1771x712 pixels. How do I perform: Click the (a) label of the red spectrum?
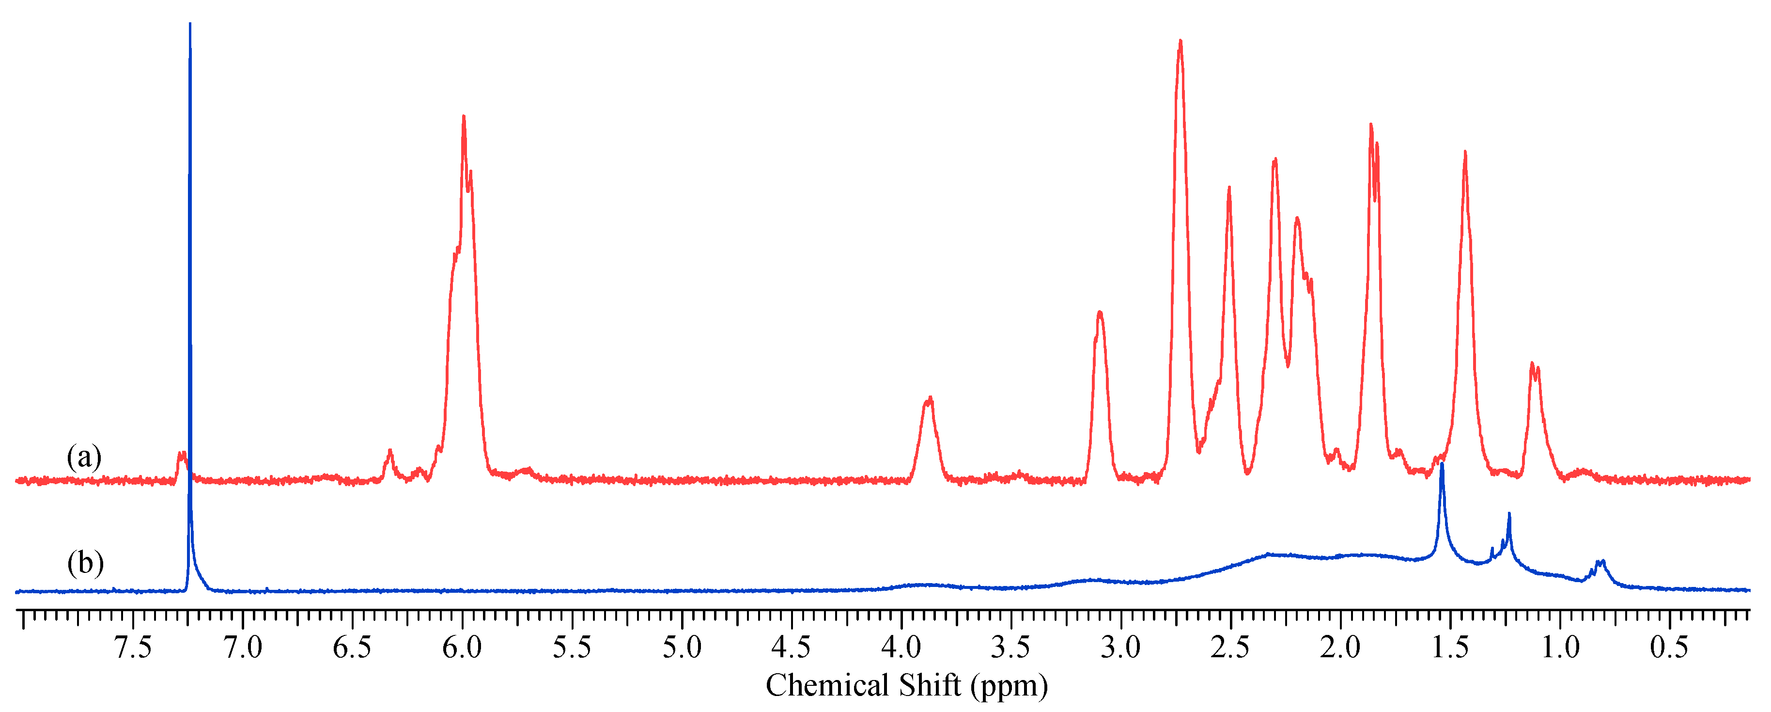point(84,457)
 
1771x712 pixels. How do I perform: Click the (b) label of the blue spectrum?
point(85,563)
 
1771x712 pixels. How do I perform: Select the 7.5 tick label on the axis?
point(133,648)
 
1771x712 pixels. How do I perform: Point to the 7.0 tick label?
point(243,648)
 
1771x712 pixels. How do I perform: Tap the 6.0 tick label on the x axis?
point(462,648)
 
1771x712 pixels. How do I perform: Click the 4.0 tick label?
point(901,648)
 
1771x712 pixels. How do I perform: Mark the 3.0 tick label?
point(1120,648)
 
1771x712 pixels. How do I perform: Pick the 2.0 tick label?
point(1340,648)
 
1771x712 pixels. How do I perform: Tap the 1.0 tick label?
point(1560,648)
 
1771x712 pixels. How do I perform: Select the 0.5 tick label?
point(1669,648)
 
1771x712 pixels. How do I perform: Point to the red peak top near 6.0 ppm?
point(464,117)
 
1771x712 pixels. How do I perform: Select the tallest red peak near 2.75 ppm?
point(1181,41)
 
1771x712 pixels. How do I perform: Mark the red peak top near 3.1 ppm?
point(1100,313)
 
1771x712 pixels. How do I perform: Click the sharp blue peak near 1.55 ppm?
point(1442,465)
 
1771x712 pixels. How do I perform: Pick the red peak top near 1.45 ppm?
point(1465,152)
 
